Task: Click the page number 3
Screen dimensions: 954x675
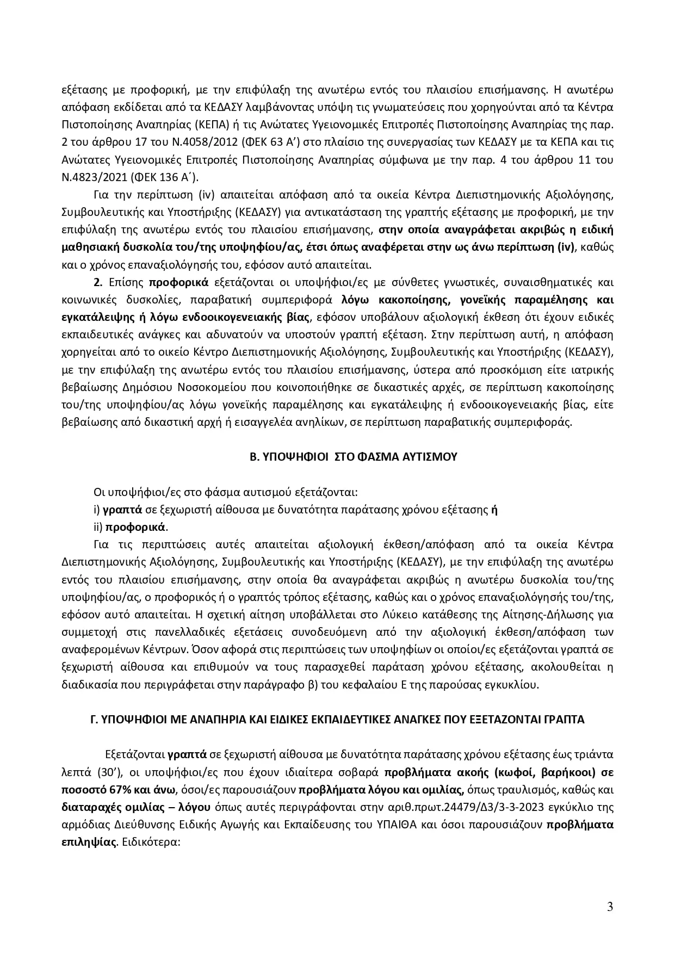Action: point(610,907)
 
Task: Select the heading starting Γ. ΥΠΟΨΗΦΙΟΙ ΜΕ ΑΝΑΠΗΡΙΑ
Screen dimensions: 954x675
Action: point(337,720)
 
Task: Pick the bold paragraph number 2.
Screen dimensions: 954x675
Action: point(98,282)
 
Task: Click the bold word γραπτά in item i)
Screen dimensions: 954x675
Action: point(123,510)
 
